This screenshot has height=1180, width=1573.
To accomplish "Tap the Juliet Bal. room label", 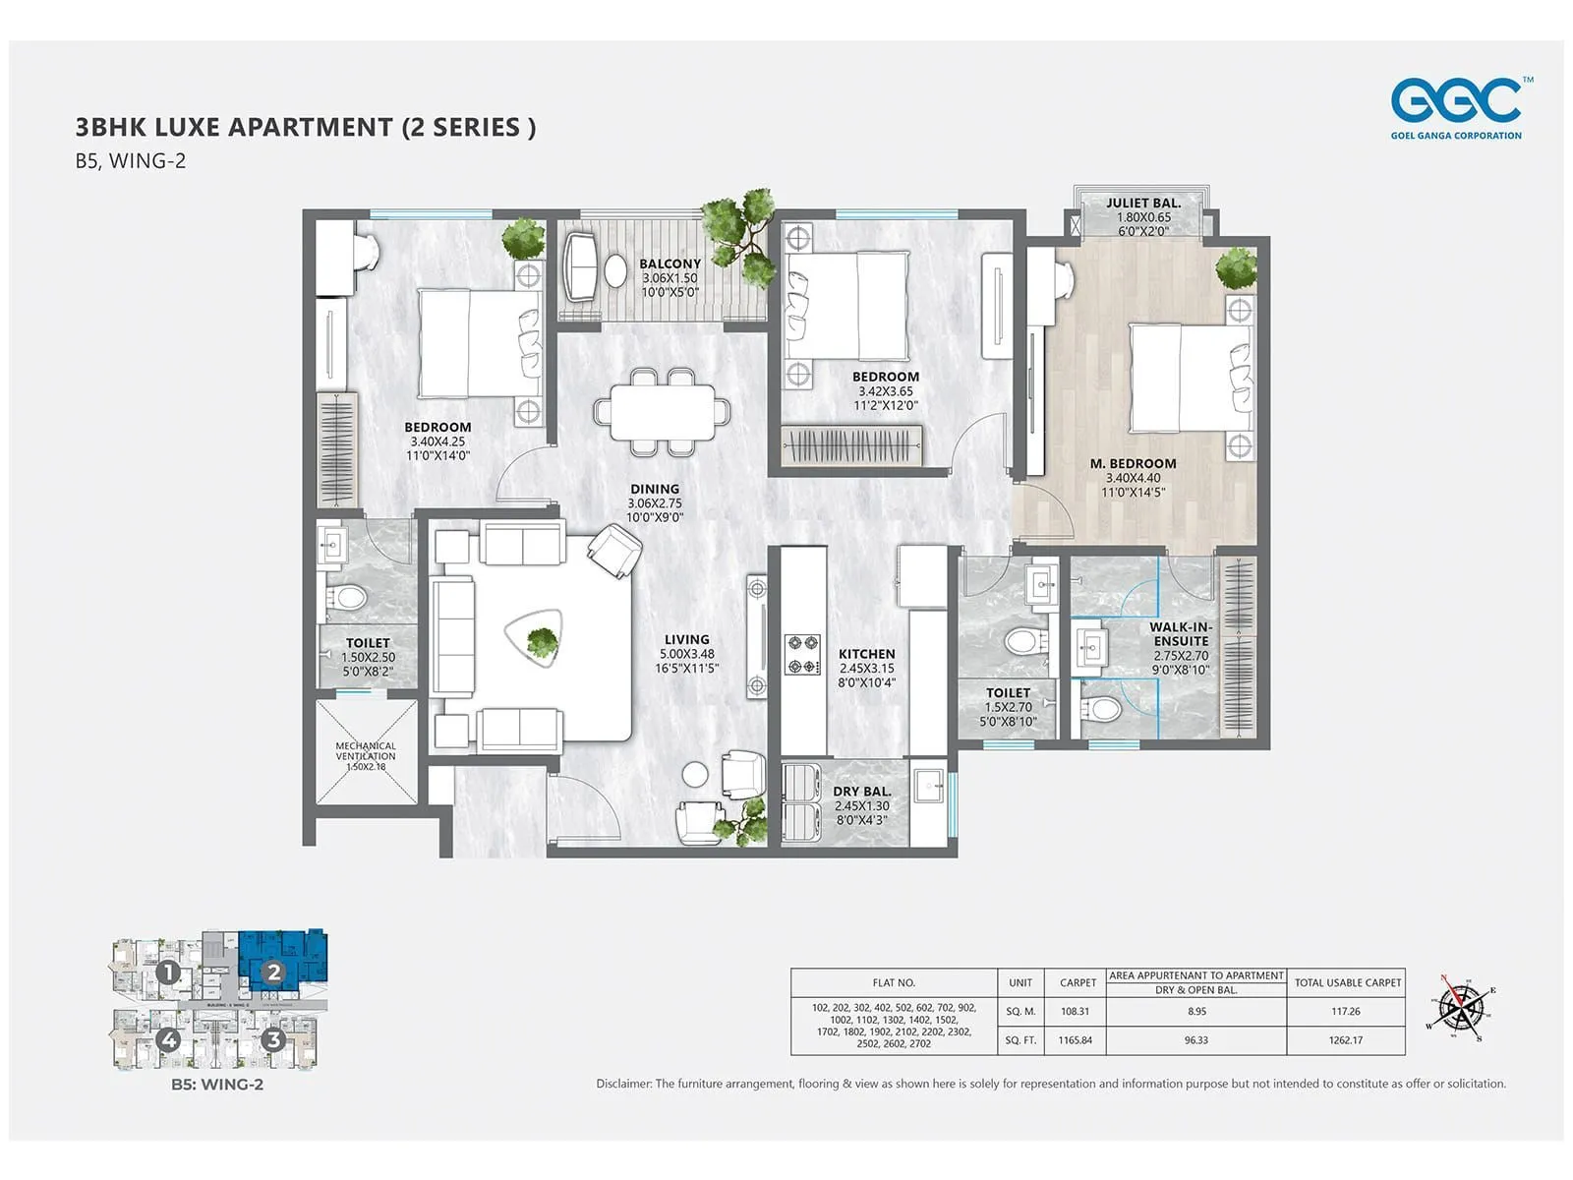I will coord(1143,204).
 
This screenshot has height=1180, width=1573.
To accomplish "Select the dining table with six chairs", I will coord(662,411).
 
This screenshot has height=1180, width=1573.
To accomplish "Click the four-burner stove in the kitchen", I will coord(802,655).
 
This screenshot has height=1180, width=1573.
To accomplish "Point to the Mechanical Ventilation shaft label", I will coord(366,751).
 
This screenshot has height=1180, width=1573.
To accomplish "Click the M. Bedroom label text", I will coord(1133,464).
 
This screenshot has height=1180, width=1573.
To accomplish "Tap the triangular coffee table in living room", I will coord(538,640).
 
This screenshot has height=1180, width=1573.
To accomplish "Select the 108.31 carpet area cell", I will coord(1075,1011).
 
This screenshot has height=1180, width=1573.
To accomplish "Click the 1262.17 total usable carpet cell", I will coord(1345,1040).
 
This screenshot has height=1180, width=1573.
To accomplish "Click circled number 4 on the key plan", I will coord(169,1039).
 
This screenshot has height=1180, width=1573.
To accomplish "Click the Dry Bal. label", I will coord(862,792).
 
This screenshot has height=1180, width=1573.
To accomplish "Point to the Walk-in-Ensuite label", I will coord(1181,634).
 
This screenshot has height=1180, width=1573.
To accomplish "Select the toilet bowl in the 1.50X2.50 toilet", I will coord(346,597).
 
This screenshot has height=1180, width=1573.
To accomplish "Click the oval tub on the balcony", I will coord(615,271).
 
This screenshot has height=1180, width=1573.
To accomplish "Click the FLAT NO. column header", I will coord(894,982).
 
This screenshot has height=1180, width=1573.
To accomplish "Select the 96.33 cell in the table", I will coord(1195,1040).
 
